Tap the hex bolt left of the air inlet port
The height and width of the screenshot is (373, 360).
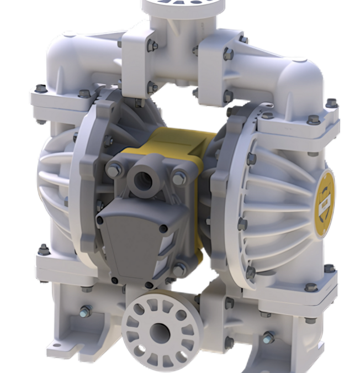(113, 171)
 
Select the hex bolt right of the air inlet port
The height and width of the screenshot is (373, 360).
(179, 178)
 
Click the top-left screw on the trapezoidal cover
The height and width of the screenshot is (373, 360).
(100, 220)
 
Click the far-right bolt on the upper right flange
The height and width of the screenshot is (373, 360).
(331, 102)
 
